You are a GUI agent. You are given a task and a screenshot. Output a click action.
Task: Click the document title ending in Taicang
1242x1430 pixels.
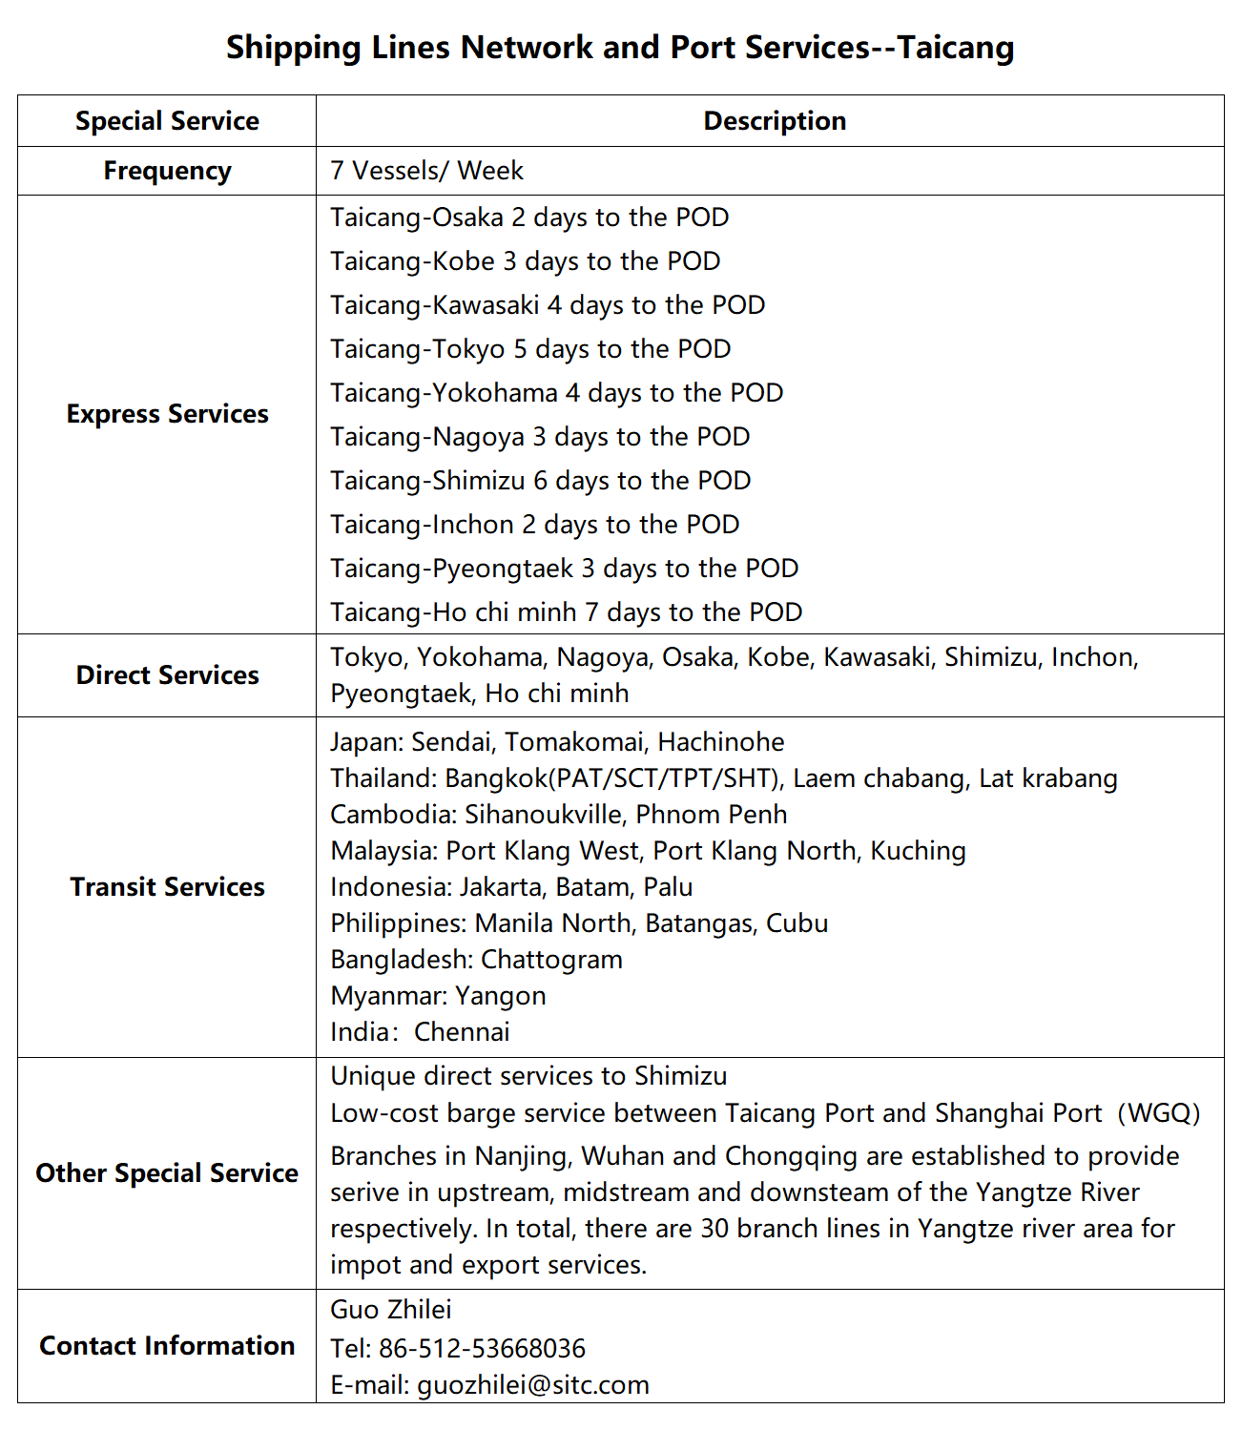point(620,47)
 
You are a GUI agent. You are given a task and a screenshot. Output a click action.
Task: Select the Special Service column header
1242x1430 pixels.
point(167,121)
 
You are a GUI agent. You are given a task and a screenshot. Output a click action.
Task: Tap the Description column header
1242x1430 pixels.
point(775,121)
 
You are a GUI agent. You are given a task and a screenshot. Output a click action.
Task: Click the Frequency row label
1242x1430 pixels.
point(167,171)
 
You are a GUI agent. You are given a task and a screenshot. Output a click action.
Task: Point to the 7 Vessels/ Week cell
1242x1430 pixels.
point(426,171)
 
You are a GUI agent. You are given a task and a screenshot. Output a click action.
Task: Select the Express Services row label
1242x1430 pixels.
point(167,414)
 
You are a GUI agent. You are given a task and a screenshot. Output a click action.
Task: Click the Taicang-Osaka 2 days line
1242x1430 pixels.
point(529,218)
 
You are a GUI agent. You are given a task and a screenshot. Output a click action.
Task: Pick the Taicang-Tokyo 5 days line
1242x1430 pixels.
point(530,349)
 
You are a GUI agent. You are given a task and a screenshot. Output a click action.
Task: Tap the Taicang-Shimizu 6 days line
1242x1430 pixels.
point(540,481)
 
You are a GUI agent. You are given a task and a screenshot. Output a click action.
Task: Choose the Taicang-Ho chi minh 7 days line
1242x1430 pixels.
point(566,612)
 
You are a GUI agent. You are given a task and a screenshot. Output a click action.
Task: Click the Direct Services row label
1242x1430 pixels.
point(167,675)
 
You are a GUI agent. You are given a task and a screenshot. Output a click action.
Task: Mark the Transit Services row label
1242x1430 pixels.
point(167,887)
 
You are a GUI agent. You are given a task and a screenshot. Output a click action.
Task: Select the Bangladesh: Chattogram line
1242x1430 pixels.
point(476,960)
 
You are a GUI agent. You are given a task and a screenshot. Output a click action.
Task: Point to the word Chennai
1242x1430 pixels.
point(462,1032)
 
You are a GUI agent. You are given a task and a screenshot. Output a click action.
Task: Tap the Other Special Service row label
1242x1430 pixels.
point(167,1173)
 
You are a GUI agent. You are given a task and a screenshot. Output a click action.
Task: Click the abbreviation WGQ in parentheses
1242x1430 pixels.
point(1158,1113)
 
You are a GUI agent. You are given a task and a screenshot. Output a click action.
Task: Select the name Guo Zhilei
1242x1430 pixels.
point(391,1310)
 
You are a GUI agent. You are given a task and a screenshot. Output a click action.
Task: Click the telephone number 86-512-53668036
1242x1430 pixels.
point(482,1349)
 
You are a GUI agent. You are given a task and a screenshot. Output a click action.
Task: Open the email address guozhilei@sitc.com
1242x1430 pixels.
point(532,1385)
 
